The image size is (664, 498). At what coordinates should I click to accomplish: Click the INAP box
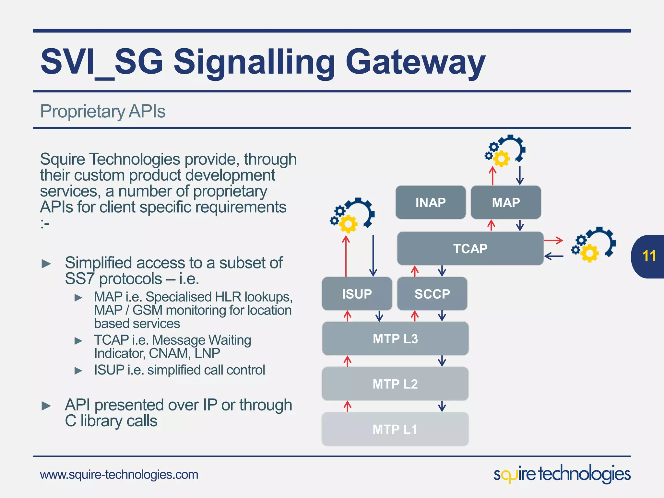coord(431,202)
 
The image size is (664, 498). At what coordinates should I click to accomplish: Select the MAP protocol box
coord(506,202)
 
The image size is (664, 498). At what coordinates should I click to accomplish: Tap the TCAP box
coord(470,248)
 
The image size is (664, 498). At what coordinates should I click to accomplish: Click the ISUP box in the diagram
coord(357,294)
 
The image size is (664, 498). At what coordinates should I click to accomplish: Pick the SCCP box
coord(432,294)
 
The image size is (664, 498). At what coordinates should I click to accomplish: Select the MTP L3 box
coord(395,338)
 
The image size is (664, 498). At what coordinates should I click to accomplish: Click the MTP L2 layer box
coord(395,384)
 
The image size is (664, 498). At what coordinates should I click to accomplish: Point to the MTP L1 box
coord(395,429)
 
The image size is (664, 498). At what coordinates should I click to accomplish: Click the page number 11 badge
coord(648,256)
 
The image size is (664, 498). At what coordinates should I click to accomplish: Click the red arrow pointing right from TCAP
coord(553,241)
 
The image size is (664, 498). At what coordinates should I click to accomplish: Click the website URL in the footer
coord(119,474)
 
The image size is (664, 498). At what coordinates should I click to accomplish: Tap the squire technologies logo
coord(562,474)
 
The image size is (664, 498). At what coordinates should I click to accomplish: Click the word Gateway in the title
coord(415,62)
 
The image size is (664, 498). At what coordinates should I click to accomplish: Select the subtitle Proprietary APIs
coord(103,111)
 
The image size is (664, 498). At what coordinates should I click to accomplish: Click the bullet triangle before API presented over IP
coord(46,406)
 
